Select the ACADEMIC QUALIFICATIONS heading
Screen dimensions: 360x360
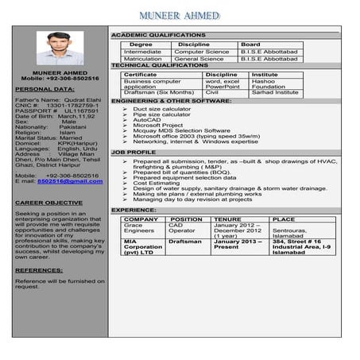pyautogui.click(x=158, y=37)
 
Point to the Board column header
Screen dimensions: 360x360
pyautogui.click(x=250, y=45)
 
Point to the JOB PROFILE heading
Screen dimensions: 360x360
pyautogui.click(x=133, y=152)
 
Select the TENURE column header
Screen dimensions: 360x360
pyautogui.click(x=227, y=219)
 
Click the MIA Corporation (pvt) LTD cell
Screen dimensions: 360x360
pyautogui.click(x=143, y=247)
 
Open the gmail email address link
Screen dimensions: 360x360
pyautogui.click(x=70, y=181)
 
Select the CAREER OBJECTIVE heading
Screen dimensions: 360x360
pyautogui.click(x=48, y=203)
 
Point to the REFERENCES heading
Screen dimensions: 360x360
pyautogui.click(x=39, y=270)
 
